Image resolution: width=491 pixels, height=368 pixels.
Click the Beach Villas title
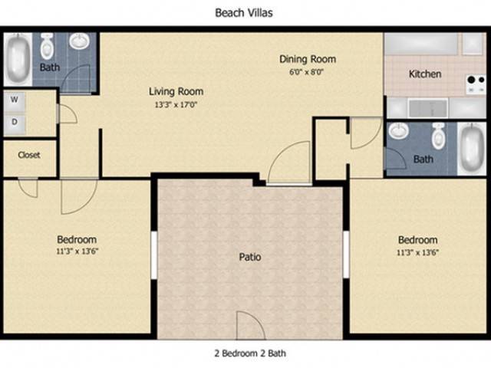pyautogui.click(x=244, y=13)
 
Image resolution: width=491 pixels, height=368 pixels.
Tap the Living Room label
pyautogui.click(x=176, y=91)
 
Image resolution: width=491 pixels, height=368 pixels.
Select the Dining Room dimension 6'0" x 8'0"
pyautogui.click(x=306, y=72)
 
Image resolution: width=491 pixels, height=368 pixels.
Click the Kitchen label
pyautogui.click(x=425, y=74)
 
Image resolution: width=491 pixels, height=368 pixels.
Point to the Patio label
pyautogui.click(x=250, y=257)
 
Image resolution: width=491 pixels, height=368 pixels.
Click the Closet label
pyautogui.click(x=29, y=155)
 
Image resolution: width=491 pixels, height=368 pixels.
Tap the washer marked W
pyautogui.click(x=15, y=101)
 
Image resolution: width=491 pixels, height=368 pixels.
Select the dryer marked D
pyautogui.click(x=15, y=123)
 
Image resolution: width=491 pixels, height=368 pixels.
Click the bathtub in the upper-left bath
pyautogui.click(x=18, y=60)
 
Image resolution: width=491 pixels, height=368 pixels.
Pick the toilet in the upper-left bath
pyautogui.click(x=48, y=46)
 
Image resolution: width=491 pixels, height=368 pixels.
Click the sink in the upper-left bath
pyautogui.click(x=79, y=41)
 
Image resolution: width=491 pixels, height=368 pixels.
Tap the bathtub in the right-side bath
pyautogui.click(x=471, y=148)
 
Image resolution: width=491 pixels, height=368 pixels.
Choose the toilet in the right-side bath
pyautogui.click(x=438, y=136)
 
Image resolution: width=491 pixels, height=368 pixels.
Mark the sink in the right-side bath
pyautogui.click(x=398, y=130)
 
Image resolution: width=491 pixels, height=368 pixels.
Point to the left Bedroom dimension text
pyautogui.click(x=77, y=251)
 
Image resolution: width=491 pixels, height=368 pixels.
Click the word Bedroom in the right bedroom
pyautogui.click(x=417, y=240)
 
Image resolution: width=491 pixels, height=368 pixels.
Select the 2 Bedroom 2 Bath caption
pyautogui.click(x=250, y=353)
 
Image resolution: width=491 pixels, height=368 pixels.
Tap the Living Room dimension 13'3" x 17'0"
pyautogui.click(x=176, y=105)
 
